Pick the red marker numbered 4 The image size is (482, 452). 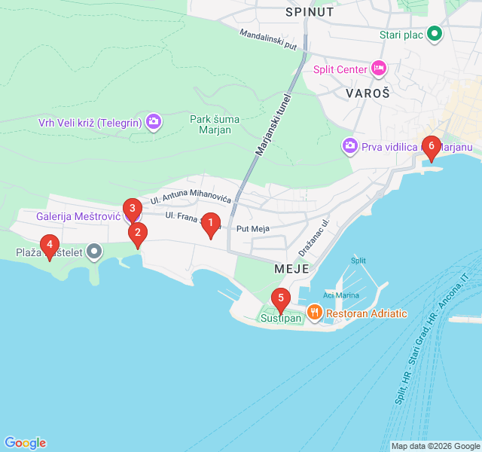[50, 246]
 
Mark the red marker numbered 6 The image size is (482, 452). [431, 146]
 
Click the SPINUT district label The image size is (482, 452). [310, 12]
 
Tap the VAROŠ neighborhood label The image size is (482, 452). [368, 93]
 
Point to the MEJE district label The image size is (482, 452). [291, 267]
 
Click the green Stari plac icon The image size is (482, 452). [435, 34]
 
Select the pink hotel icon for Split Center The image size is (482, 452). [379, 69]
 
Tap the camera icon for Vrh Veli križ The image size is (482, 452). [154, 121]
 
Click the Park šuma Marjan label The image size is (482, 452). [221, 124]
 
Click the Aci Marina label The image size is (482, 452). [341, 295]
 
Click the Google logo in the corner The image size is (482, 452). [25, 443]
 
